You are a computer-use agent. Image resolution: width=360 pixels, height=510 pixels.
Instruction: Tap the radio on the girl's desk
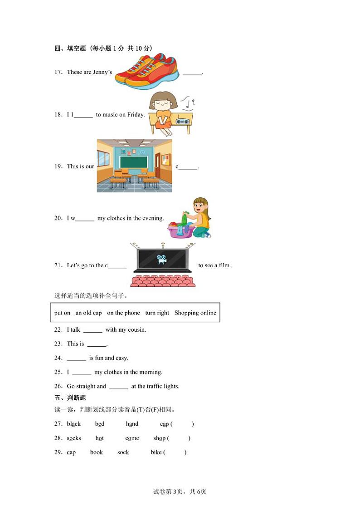182,122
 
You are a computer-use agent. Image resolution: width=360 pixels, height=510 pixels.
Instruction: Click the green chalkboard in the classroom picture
133,162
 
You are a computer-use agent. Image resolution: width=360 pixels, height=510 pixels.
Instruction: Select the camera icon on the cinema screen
162,260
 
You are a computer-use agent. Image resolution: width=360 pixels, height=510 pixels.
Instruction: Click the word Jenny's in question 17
102,72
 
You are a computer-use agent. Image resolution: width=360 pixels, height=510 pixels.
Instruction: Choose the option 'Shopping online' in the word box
195,313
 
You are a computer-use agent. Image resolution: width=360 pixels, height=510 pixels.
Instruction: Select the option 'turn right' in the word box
157,313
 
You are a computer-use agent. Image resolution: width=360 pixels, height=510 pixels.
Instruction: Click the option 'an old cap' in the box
89,313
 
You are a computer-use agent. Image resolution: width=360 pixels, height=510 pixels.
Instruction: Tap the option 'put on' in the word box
62,313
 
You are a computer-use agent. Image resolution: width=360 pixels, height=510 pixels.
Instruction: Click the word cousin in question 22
136,330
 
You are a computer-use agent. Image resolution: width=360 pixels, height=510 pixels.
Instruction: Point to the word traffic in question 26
155,387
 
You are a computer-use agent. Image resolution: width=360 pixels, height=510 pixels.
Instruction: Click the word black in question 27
74,424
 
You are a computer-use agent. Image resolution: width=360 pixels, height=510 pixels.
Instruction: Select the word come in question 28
132,438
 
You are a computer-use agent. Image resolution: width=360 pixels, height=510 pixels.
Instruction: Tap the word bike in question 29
156,452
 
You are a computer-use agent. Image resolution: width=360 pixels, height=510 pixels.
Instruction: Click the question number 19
58,167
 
